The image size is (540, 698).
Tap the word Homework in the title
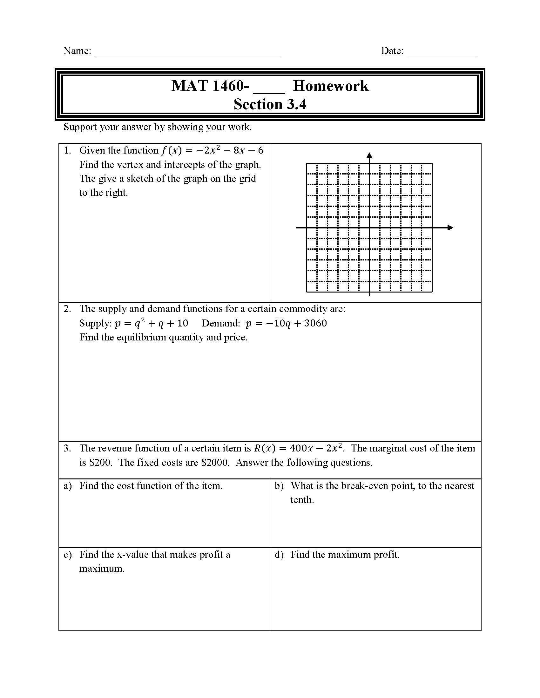click(330, 86)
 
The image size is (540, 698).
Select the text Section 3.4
click(270, 104)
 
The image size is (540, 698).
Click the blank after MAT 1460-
click(268, 89)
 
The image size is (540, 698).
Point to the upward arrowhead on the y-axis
click(369, 155)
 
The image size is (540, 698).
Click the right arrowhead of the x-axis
click(450, 227)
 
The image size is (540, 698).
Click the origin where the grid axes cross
click(369, 227)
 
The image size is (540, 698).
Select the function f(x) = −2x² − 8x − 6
click(213, 150)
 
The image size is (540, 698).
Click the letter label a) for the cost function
click(67, 486)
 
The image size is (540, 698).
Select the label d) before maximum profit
click(279, 555)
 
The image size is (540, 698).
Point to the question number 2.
click(67, 309)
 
